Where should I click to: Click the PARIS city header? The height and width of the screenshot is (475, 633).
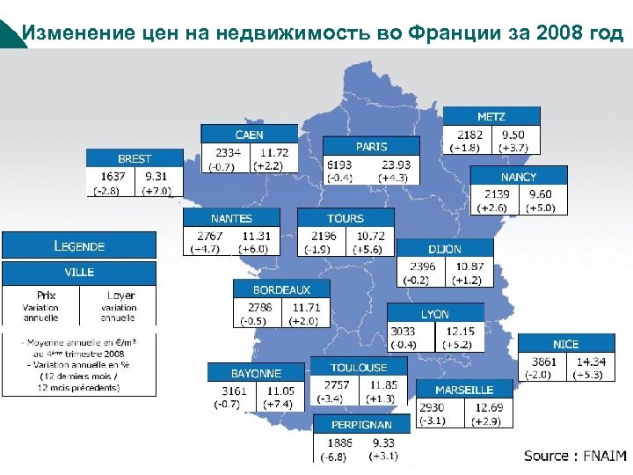(371, 146)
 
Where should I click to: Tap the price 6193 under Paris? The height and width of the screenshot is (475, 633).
(338, 164)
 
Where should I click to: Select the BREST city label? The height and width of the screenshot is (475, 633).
(135, 158)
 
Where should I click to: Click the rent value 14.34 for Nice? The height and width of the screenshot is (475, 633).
(591, 361)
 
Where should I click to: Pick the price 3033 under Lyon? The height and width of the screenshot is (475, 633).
(404, 331)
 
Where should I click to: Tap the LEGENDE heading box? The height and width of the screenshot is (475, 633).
(79, 245)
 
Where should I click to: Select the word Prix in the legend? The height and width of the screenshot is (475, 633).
(46, 296)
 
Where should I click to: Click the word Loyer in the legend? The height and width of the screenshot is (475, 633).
(120, 296)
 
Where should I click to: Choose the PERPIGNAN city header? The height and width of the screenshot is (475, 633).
(361, 425)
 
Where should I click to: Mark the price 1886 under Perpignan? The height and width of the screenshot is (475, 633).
(339, 442)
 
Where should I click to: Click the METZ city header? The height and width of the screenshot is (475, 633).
(491, 116)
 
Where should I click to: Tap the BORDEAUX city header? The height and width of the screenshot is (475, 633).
(281, 289)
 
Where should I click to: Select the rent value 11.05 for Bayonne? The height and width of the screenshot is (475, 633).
(281, 390)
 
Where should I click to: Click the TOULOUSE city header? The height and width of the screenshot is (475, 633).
(359, 367)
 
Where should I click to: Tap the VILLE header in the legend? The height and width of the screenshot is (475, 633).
(79, 272)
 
